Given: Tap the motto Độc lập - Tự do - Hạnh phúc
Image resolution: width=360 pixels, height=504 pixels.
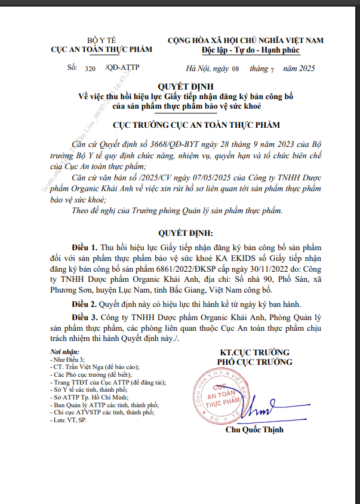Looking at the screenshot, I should pos(246,50).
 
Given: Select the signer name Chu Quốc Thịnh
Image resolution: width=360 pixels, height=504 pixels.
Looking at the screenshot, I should pos(254,430).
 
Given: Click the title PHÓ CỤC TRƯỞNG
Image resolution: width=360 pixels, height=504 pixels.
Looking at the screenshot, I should pos(254,362).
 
